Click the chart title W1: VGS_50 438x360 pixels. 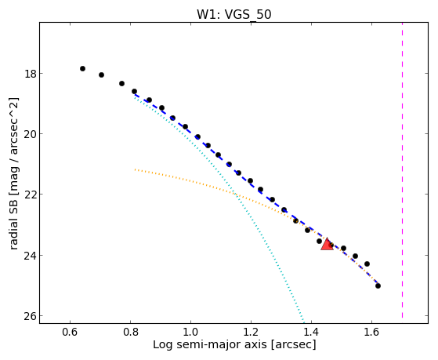[x=234, y=14]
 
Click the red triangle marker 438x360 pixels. [x=327, y=244]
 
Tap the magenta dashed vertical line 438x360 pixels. [x=402, y=170]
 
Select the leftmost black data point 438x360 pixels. [x=82, y=68]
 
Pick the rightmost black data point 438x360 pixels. [x=378, y=285]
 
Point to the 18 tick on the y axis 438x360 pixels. [x=30, y=74]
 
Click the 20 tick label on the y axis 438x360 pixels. [x=30, y=134]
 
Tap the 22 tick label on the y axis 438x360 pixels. [x=30, y=195]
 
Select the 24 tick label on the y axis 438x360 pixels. [x=30, y=256]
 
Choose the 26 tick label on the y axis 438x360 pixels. [x=30, y=316]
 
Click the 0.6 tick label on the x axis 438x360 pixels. [x=70, y=332]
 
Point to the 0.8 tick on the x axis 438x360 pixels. [x=130, y=332]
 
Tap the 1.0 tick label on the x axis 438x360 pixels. [x=190, y=332]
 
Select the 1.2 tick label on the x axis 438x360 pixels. [x=251, y=332]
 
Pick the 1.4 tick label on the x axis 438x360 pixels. [x=311, y=332]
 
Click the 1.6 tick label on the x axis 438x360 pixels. [x=371, y=332]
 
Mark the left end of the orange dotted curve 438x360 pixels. [x=135, y=169]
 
